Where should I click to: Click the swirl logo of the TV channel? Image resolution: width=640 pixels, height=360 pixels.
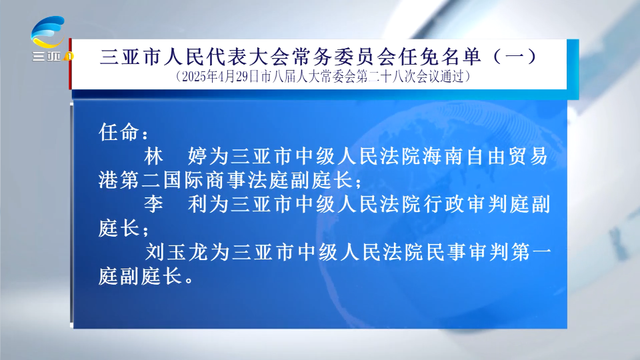[48, 32]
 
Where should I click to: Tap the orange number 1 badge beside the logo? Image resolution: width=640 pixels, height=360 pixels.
[69, 56]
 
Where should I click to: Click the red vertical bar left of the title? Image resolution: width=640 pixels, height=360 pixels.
[70, 64]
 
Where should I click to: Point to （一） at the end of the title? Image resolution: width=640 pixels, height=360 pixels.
[515, 57]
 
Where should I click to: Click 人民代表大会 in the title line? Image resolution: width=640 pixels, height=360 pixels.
[228, 57]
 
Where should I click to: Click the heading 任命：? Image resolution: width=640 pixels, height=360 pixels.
[123, 132]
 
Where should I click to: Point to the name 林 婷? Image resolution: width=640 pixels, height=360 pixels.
[176, 156]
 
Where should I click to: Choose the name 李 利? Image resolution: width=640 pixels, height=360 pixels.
[176, 204]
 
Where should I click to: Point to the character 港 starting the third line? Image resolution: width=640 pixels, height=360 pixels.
[108, 180]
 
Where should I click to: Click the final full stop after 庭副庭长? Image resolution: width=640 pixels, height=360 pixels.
[189, 279]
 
